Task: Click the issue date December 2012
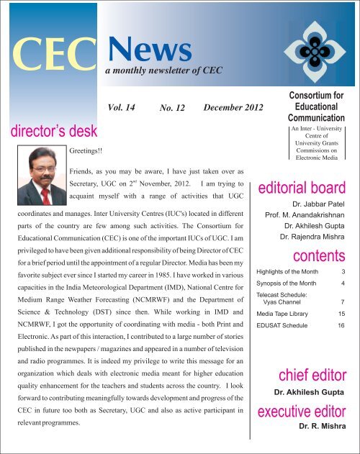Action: point(235,107)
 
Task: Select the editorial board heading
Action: point(305,189)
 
